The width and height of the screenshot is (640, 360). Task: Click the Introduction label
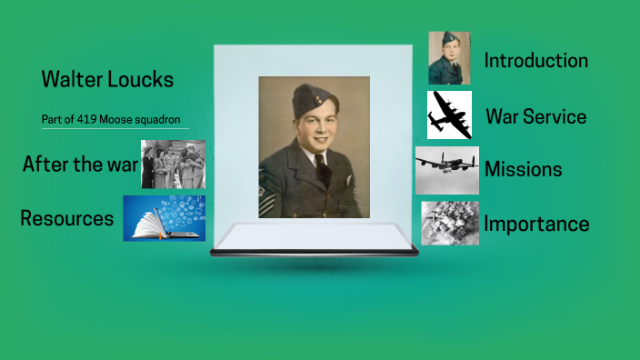[535, 61]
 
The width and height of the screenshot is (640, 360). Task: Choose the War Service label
[535, 116]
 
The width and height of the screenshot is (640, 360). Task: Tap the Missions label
[523, 169]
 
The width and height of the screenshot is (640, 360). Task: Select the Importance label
[536, 224]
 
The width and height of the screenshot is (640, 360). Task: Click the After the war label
[80, 165]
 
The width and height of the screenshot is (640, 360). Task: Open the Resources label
[66, 219]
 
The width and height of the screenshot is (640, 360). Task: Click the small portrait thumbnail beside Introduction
[449, 58]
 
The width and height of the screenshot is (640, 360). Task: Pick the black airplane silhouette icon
[449, 115]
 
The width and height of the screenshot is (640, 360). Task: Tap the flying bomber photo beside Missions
[446, 170]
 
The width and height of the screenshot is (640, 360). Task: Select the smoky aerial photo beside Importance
[449, 224]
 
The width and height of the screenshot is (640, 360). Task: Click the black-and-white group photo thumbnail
[173, 165]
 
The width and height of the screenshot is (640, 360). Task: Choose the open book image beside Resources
[164, 218]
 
